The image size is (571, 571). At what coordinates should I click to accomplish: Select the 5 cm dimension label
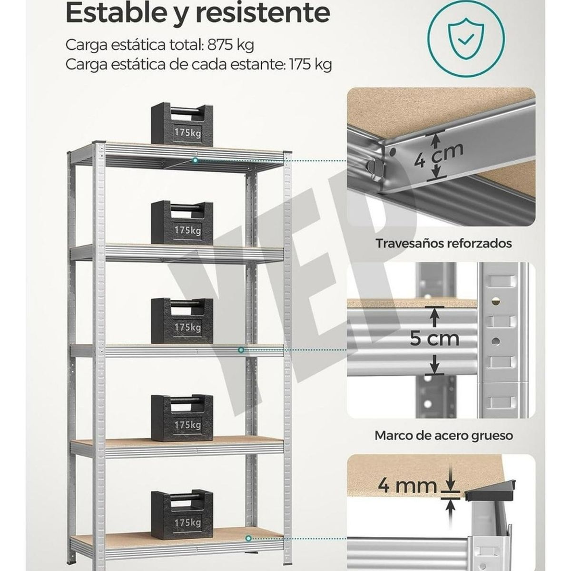point(434,338)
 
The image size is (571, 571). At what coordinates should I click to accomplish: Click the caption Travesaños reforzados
point(443,244)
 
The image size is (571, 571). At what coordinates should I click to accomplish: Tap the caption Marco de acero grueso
point(443,435)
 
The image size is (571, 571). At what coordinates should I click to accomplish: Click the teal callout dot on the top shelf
point(196,161)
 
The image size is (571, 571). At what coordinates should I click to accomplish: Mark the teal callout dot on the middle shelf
point(241,350)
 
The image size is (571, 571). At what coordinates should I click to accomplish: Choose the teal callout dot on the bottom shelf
point(249,538)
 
